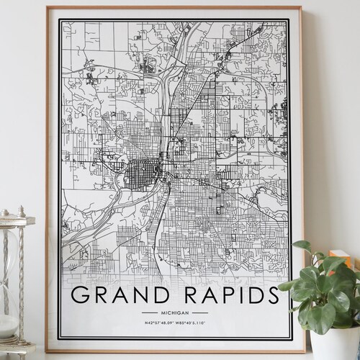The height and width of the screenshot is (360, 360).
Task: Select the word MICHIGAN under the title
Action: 176,313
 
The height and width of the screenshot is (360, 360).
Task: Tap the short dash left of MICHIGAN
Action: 151,313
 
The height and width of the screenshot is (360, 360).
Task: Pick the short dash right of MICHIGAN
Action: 200,313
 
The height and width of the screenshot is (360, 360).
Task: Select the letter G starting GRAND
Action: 81,296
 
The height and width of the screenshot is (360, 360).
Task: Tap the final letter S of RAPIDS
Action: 271,296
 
